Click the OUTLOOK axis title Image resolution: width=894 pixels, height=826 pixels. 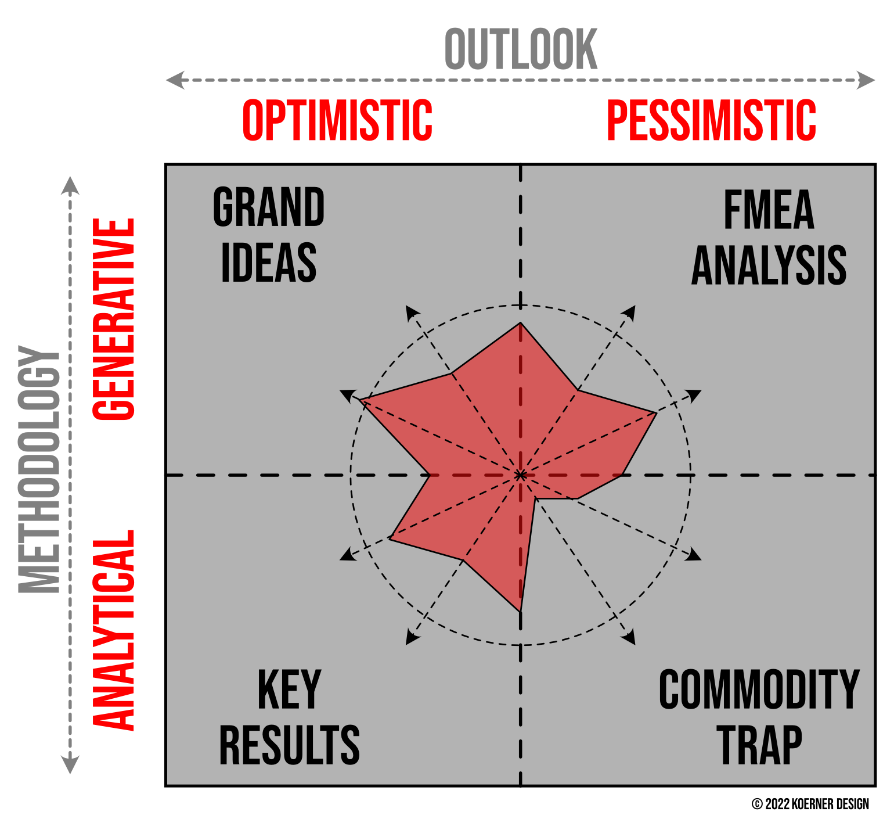click(521, 49)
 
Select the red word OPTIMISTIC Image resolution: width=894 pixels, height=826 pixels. click(337, 120)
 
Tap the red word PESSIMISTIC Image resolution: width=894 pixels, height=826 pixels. click(711, 120)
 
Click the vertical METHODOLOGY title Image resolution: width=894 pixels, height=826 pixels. click(39, 469)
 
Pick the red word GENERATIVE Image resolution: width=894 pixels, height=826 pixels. click(114, 319)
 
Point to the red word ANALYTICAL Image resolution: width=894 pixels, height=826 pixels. click(114, 630)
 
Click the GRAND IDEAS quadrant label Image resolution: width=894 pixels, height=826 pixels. click(269, 235)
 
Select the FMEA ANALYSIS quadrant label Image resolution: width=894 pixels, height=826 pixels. click(769, 238)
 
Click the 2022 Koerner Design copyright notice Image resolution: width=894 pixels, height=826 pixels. click(810, 804)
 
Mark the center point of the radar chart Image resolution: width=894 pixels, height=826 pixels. click(521, 475)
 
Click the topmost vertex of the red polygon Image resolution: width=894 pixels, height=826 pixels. click(521, 322)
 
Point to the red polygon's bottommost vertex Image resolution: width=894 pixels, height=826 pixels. click(520, 612)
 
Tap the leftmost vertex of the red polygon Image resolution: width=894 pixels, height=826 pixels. click(360, 400)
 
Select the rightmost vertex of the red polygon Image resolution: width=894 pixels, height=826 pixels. click(657, 413)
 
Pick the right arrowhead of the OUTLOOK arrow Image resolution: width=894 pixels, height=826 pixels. click(866, 80)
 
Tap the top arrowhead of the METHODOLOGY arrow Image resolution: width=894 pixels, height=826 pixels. click(70, 185)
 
